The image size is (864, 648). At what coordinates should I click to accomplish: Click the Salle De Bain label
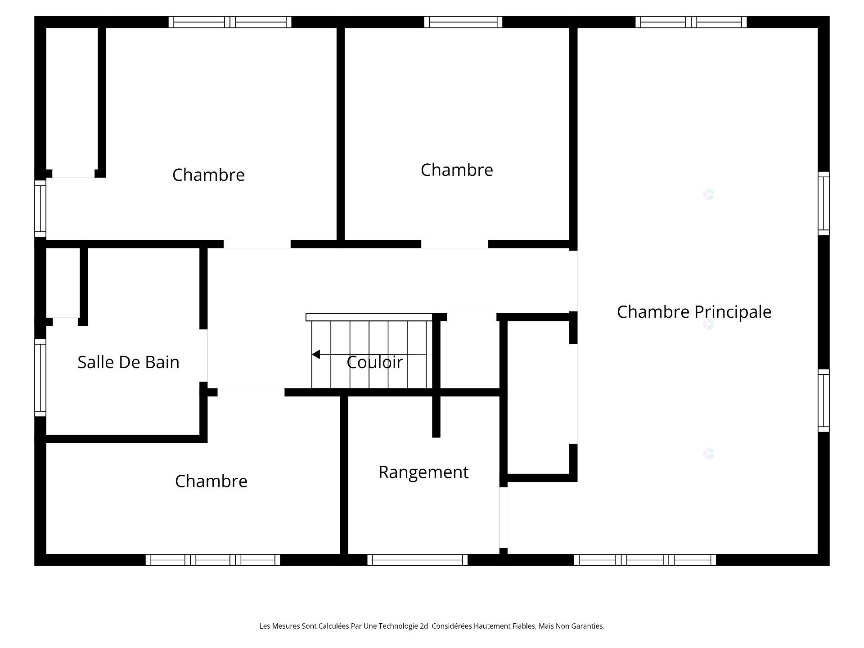128,362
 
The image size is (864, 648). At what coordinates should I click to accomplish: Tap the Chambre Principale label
694,312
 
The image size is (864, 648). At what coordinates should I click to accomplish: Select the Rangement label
423,472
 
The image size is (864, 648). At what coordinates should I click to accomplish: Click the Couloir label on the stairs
375,362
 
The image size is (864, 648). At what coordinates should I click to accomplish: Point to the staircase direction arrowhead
316,355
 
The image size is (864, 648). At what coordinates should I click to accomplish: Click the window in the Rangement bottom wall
418,560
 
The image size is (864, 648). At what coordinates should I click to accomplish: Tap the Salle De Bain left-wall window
40,378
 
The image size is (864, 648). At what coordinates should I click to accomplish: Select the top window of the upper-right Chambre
463,22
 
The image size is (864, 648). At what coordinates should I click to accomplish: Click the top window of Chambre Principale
691,22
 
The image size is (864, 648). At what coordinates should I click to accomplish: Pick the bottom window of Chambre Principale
645,560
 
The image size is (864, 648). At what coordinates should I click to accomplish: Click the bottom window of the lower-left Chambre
213,560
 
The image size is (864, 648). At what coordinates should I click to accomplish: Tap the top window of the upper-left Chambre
230,22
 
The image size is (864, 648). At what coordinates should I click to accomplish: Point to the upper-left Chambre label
208,175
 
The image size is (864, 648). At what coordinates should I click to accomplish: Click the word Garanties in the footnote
587,626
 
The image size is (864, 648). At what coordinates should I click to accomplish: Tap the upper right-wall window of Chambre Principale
823,203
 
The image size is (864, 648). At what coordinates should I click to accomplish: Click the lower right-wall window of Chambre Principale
823,400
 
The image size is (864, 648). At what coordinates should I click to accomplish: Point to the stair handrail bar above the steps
369,317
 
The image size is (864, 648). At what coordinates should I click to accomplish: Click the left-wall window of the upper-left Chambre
40,209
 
